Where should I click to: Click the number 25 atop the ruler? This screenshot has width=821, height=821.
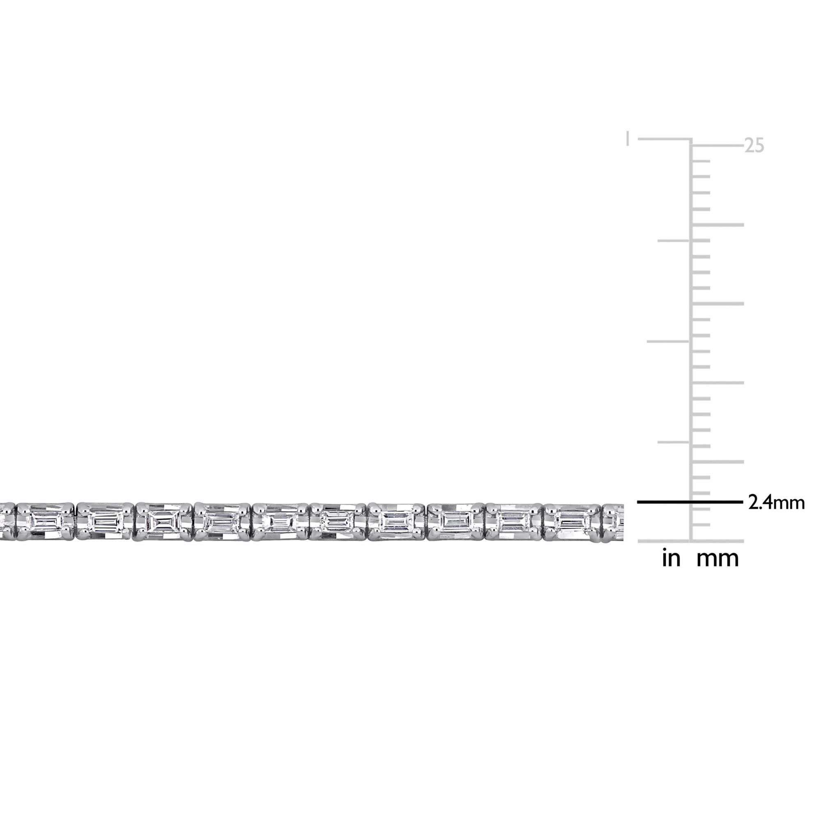(x=754, y=146)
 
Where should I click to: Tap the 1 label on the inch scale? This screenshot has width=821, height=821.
(x=628, y=138)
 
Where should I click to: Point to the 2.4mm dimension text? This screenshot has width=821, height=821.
(x=776, y=503)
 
